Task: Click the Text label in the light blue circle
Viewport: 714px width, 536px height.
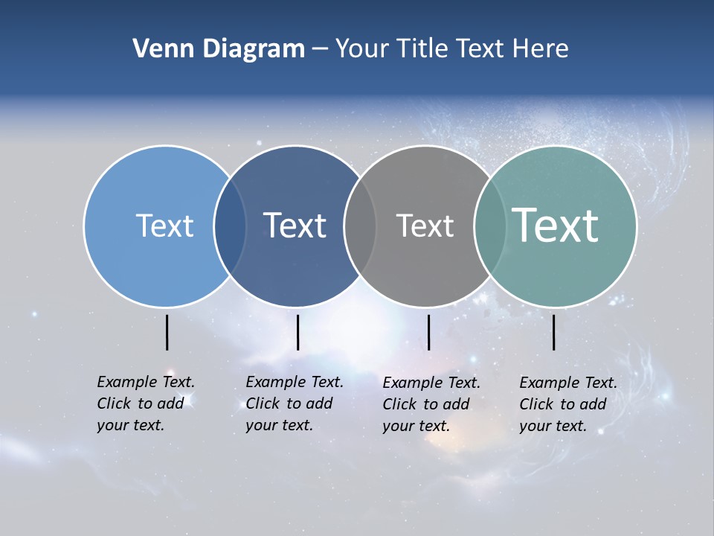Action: (x=164, y=226)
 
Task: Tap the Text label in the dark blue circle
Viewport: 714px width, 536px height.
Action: (x=295, y=226)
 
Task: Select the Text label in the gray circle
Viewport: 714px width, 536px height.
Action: (x=425, y=226)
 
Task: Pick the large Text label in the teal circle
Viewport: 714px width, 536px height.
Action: (x=556, y=226)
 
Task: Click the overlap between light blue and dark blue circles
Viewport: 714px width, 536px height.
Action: (x=230, y=226)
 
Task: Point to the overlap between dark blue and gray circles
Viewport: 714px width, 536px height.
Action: (x=360, y=226)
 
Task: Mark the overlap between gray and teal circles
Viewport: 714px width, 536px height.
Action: (x=490, y=226)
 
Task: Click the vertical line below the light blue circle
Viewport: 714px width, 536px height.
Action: (x=167, y=332)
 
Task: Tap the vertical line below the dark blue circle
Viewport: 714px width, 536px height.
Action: (x=297, y=332)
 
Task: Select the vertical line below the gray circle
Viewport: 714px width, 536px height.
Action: (x=428, y=332)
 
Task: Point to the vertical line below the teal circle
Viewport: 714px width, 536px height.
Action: (x=553, y=332)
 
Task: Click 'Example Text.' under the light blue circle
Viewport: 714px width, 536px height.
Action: (x=146, y=382)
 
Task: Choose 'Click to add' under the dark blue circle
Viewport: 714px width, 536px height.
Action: (x=289, y=403)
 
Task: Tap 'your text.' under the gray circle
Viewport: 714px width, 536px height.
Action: (x=416, y=426)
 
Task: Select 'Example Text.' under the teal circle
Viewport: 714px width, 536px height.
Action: (x=568, y=383)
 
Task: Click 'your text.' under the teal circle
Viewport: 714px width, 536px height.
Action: (x=553, y=426)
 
